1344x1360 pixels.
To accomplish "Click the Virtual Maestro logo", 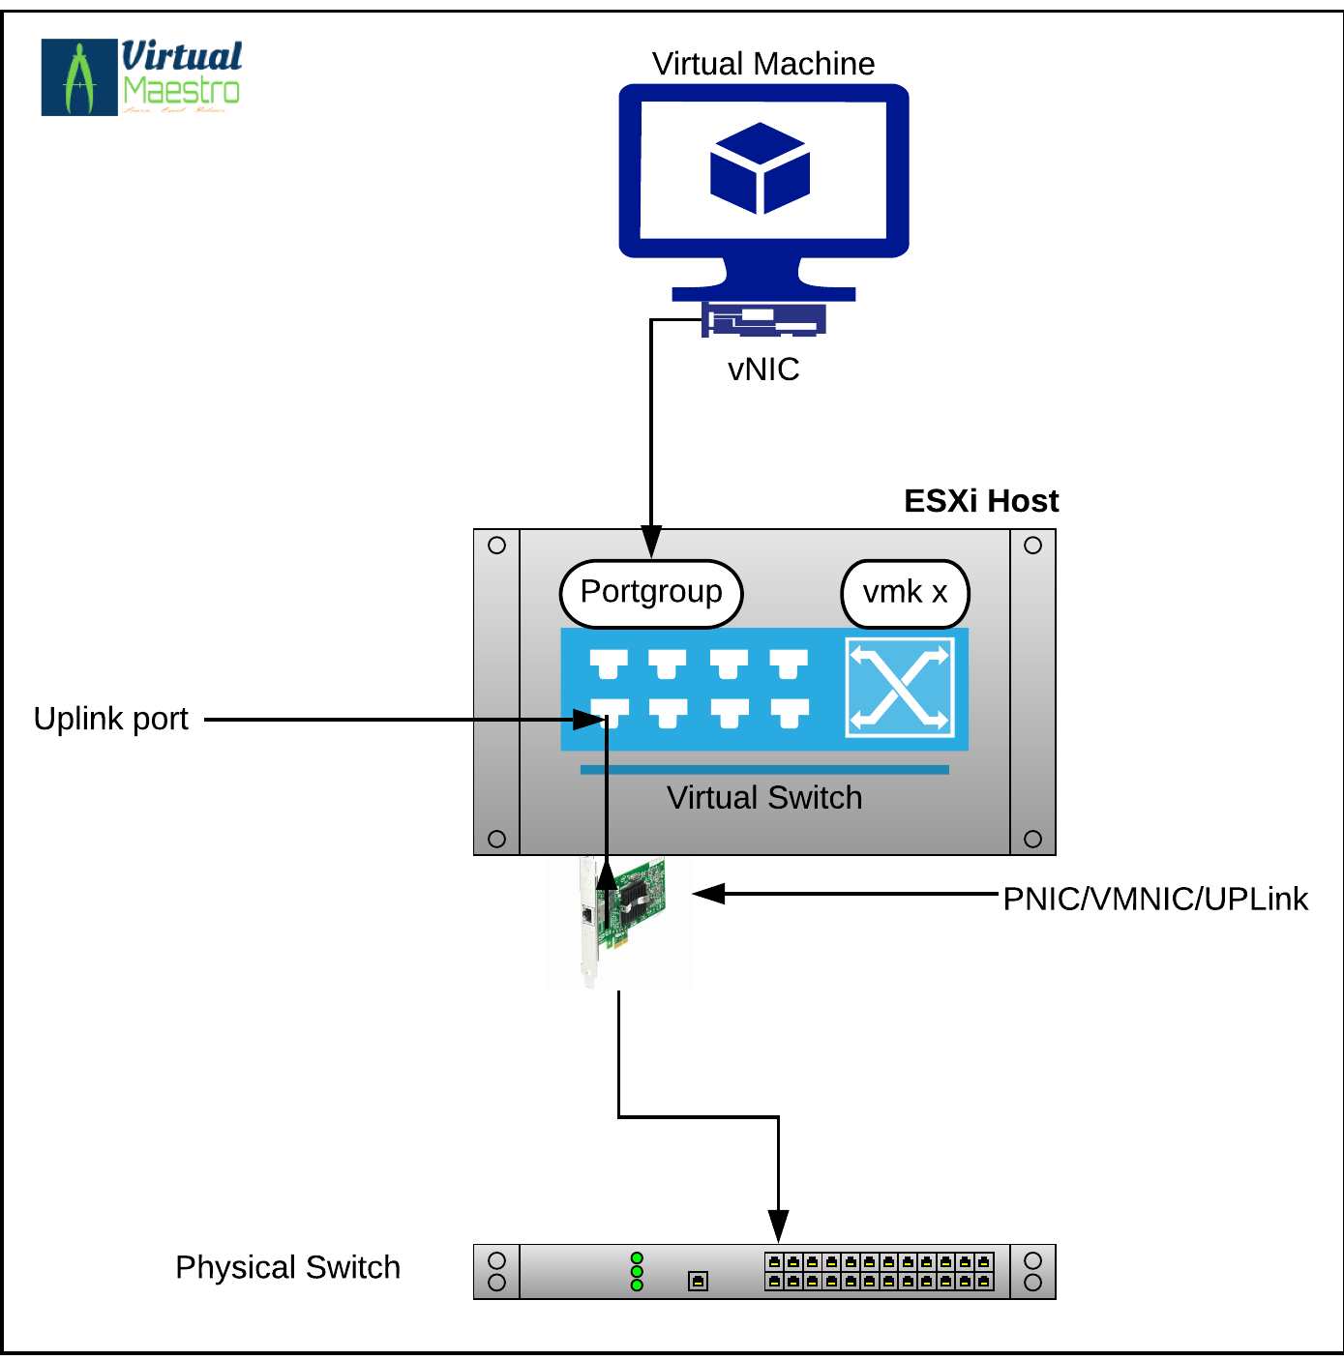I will coord(141,77).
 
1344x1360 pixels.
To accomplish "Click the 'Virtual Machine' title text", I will coord(762,64).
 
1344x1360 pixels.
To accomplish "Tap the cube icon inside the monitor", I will coord(761,168).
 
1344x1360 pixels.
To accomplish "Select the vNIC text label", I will coord(763,370).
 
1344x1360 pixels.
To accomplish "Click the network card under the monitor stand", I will coord(763,319).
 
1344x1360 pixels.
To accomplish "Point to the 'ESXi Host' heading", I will coord(980,501).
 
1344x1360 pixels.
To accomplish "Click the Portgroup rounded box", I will coord(651,593).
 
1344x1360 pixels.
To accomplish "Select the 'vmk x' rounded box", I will coord(905,593).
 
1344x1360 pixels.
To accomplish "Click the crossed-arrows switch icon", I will coord(900,687).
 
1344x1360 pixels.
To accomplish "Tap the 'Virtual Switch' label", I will coord(763,798).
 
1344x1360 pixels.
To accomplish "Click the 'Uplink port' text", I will coord(110,719).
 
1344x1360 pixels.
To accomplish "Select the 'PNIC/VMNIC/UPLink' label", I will coord(1154,899).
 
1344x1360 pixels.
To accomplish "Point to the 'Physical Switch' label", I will coord(287,1267).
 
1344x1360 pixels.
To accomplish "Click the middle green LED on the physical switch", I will coord(637,1271).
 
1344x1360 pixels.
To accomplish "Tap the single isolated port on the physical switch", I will coord(698,1282).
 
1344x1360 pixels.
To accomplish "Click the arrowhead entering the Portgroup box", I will coord(651,542).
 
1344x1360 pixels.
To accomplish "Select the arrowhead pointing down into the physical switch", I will coord(778,1226).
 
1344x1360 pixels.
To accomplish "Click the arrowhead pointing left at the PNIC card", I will coord(709,894).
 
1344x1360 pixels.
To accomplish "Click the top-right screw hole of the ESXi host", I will coord(1032,546).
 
